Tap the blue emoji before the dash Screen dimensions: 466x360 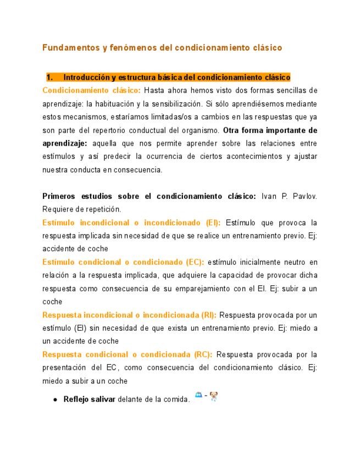pyautogui.click(x=199, y=396)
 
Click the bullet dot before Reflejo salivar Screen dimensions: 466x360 pyautogui.click(x=56, y=400)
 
